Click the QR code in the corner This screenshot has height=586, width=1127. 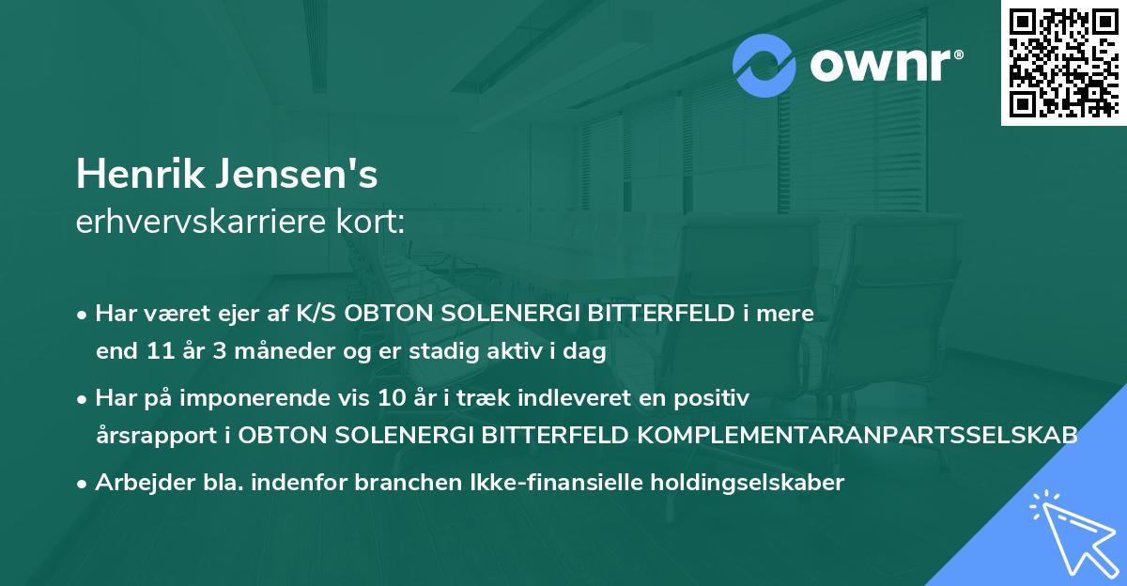point(1062,62)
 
